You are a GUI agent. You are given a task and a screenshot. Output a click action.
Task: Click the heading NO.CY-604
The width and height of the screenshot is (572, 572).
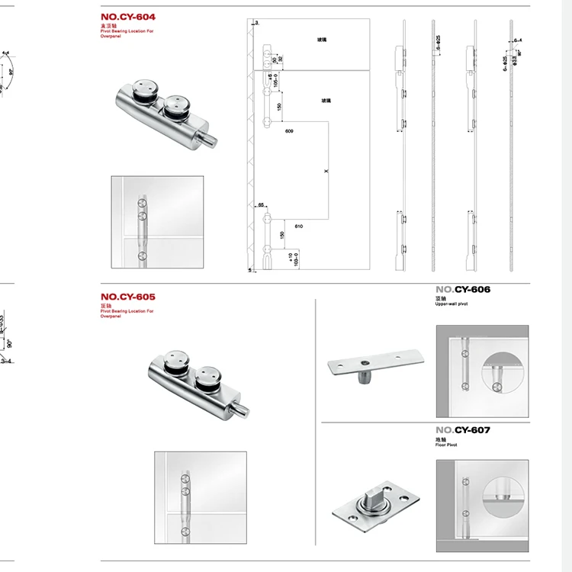click(x=133, y=17)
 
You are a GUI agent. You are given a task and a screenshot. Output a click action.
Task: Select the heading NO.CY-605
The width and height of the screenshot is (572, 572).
click(x=133, y=297)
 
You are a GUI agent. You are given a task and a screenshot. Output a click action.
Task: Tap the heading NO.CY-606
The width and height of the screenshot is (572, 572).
click(x=463, y=290)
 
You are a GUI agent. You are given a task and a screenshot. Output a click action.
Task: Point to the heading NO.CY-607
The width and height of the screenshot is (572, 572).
click(x=463, y=430)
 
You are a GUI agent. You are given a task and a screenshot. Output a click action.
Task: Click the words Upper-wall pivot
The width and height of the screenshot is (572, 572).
click(x=451, y=304)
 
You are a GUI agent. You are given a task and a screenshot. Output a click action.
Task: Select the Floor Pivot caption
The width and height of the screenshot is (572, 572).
click(x=446, y=445)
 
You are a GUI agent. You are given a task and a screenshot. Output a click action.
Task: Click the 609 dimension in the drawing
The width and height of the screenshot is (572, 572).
click(x=289, y=132)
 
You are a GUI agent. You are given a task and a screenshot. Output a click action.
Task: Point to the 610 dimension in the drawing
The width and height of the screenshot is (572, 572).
click(x=297, y=227)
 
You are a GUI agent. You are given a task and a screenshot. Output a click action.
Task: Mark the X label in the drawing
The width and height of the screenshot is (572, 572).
click(x=326, y=172)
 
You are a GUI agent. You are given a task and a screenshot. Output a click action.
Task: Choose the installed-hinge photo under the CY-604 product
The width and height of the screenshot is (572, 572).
click(x=157, y=222)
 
